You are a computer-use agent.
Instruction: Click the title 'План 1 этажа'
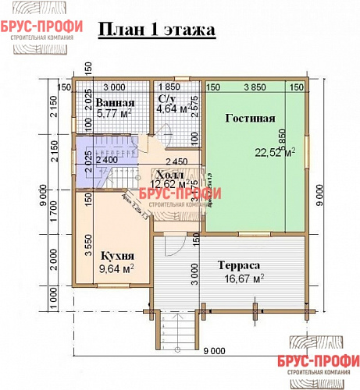click(155, 30)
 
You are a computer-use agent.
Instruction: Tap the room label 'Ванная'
click(116, 103)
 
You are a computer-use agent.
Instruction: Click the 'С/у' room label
click(166, 99)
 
